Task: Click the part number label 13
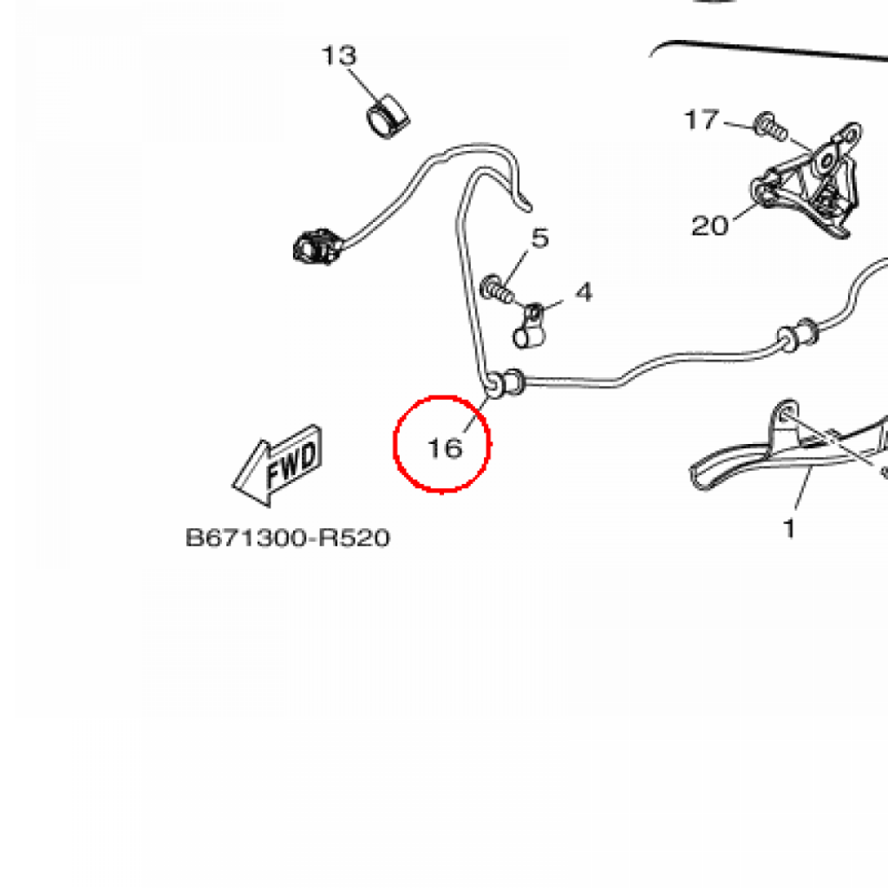pyautogui.click(x=339, y=56)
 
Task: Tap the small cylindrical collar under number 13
pyautogui.click(x=387, y=117)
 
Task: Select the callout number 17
pyautogui.click(x=702, y=120)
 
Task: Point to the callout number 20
pyautogui.click(x=710, y=226)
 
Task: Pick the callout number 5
pyautogui.click(x=540, y=238)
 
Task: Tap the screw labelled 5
pyautogui.click(x=495, y=288)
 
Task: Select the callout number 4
pyautogui.click(x=584, y=292)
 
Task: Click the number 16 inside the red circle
pyautogui.click(x=444, y=448)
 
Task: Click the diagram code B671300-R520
pyautogui.click(x=288, y=539)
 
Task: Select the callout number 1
pyautogui.click(x=789, y=526)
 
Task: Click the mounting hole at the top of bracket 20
pyautogui.click(x=851, y=134)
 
